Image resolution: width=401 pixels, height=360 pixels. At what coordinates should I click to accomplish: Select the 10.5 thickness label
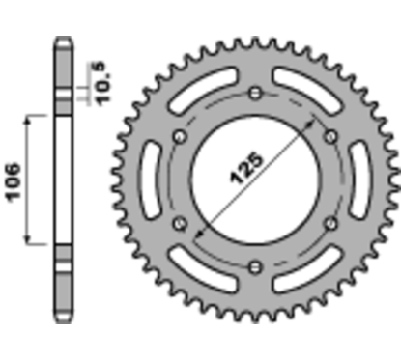pyautogui.click(x=100, y=77)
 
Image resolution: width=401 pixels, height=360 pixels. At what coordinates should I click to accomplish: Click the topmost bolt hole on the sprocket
pyautogui.click(x=254, y=94)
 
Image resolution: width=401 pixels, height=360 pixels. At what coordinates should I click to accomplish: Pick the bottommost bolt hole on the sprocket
pyautogui.click(x=254, y=265)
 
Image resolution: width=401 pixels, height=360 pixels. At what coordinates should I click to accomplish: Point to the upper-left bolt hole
pyautogui.click(x=180, y=136)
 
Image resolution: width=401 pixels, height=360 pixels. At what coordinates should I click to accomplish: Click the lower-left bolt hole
pyautogui.click(x=180, y=223)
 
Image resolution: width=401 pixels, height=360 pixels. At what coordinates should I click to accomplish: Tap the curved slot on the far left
pyautogui.click(x=147, y=179)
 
